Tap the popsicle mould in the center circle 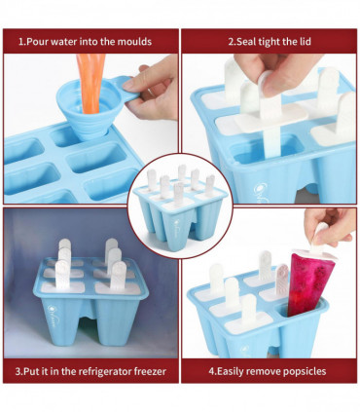point(180,205)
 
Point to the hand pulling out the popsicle point(330,226)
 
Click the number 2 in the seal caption point(231,42)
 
